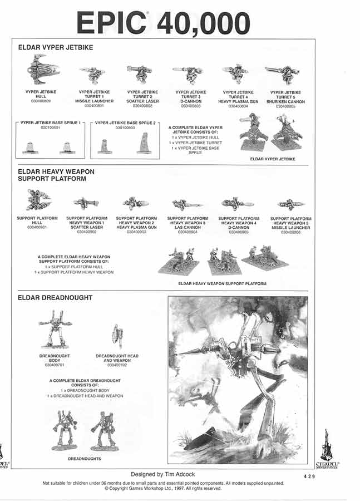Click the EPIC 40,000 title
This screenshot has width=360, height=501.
pyautogui.click(x=163, y=23)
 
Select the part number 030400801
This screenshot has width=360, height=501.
pyautogui.click(x=94, y=105)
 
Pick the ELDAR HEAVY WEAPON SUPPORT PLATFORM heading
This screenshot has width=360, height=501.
pyautogui.click(x=56, y=175)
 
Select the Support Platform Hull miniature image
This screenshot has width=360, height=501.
pyautogui.click(x=38, y=199)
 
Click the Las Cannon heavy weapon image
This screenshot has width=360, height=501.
pyautogui.click(x=187, y=204)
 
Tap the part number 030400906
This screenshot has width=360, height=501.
pyautogui.click(x=290, y=232)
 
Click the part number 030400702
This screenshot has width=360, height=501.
pyautogui.click(x=117, y=365)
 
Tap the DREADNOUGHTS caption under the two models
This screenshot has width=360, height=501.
pyautogui.click(x=84, y=459)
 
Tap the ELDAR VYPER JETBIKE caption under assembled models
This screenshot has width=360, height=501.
pyautogui.click(x=273, y=159)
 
